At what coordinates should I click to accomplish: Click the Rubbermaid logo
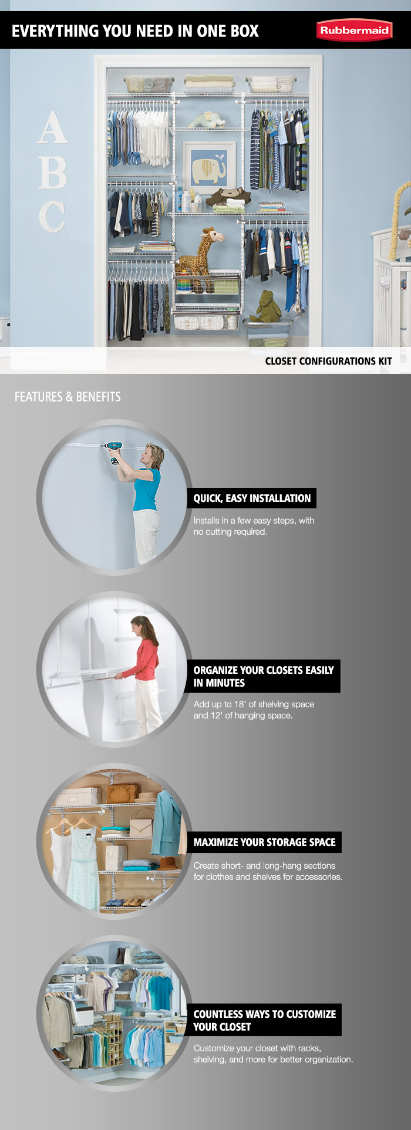354,31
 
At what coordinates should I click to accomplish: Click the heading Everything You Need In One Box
135,31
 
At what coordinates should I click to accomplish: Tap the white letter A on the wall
52,128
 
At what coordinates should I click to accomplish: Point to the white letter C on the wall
52,217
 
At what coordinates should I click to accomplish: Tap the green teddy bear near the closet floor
267,306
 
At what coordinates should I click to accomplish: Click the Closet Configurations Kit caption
328,361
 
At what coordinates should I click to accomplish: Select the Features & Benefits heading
68,397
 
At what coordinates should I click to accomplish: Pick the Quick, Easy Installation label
252,498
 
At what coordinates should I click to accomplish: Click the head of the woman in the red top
138,626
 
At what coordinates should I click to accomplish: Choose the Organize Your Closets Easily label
264,676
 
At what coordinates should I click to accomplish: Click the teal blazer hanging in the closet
167,822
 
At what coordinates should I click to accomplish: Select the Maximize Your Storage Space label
264,842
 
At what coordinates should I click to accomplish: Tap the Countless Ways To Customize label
264,1020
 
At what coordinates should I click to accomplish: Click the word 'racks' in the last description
309,1048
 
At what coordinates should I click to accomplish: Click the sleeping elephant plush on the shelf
207,120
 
